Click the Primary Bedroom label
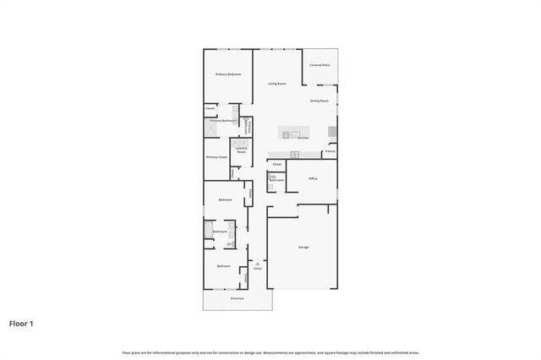[228, 75]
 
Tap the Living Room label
[276, 84]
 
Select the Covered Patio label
[320, 65]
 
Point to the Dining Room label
[319, 101]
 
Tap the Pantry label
[330, 151]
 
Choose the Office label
[312, 179]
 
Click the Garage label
[303, 247]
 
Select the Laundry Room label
[241, 150]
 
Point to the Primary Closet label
[216, 157]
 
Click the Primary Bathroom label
[223, 121]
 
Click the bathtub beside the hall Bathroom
[207, 231]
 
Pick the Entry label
[258, 269]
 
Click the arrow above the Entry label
[258, 263]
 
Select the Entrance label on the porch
[237, 298]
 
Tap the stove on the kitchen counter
[295, 154]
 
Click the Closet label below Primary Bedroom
[210, 108]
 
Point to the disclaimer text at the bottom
[270, 352]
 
